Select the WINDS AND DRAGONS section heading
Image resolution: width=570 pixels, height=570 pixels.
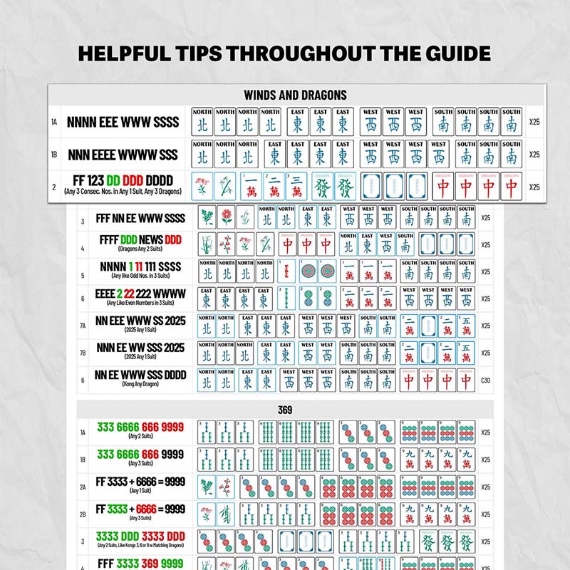pos(295,95)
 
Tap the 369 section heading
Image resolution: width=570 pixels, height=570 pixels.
pos(285,410)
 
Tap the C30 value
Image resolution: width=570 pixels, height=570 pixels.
pos(485,380)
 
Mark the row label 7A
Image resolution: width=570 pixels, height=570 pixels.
pos(83,326)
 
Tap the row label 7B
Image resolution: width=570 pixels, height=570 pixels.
pos(83,353)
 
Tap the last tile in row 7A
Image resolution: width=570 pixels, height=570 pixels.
pos(465,326)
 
